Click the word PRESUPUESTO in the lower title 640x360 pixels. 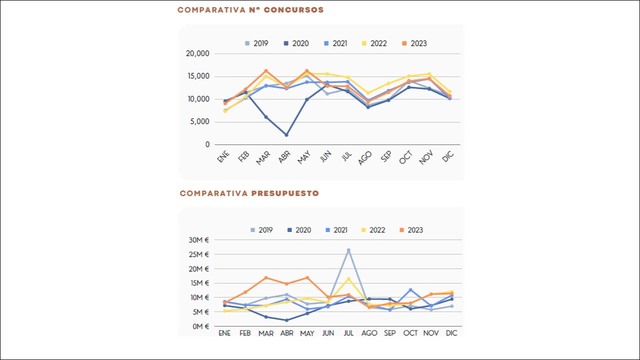point(285,193)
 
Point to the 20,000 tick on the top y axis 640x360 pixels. point(197,53)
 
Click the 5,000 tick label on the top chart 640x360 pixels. point(200,122)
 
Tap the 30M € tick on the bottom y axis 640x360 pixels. point(199,240)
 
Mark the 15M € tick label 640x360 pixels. point(199,283)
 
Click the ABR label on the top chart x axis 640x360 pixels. point(284,157)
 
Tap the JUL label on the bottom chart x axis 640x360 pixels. point(348,333)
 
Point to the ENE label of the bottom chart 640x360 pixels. point(224,333)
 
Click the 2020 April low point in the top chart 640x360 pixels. point(286,135)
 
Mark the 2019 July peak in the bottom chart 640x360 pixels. point(348,250)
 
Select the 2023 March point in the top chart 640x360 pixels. point(266,71)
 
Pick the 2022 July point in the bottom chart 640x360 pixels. point(348,279)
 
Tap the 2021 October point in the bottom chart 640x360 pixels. point(410,290)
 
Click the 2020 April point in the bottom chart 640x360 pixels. point(286,320)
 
